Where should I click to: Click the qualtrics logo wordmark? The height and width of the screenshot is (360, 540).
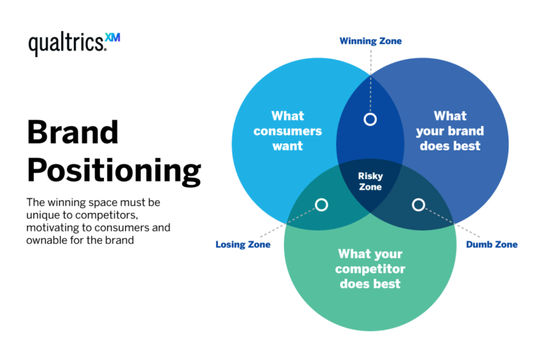tap(67, 44)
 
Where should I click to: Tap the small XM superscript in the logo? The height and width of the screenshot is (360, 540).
tap(112, 37)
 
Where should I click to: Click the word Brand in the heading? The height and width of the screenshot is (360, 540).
tap(73, 132)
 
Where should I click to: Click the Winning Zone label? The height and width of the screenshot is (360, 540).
tap(371, 41)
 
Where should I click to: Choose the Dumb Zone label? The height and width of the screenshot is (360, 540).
tap(491, 245)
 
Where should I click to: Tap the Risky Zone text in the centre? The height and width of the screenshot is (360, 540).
tap(371, 182)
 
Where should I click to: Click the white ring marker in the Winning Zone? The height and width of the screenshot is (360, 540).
tap(371, 120)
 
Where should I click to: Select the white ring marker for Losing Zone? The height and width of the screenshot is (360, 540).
tap(321, 205)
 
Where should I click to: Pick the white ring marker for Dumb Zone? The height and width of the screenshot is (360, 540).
tap(418, 205)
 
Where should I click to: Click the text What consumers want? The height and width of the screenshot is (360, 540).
tap(288, 131)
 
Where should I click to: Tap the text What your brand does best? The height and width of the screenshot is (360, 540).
tap(449, 131)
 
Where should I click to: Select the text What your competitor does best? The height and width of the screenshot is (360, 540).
tap(370, 269)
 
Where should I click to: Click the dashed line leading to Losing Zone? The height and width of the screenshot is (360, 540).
tap(288, 223)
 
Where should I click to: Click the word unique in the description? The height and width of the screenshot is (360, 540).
tap(44, 215)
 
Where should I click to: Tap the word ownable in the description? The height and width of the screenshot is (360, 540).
tap(50, 240)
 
